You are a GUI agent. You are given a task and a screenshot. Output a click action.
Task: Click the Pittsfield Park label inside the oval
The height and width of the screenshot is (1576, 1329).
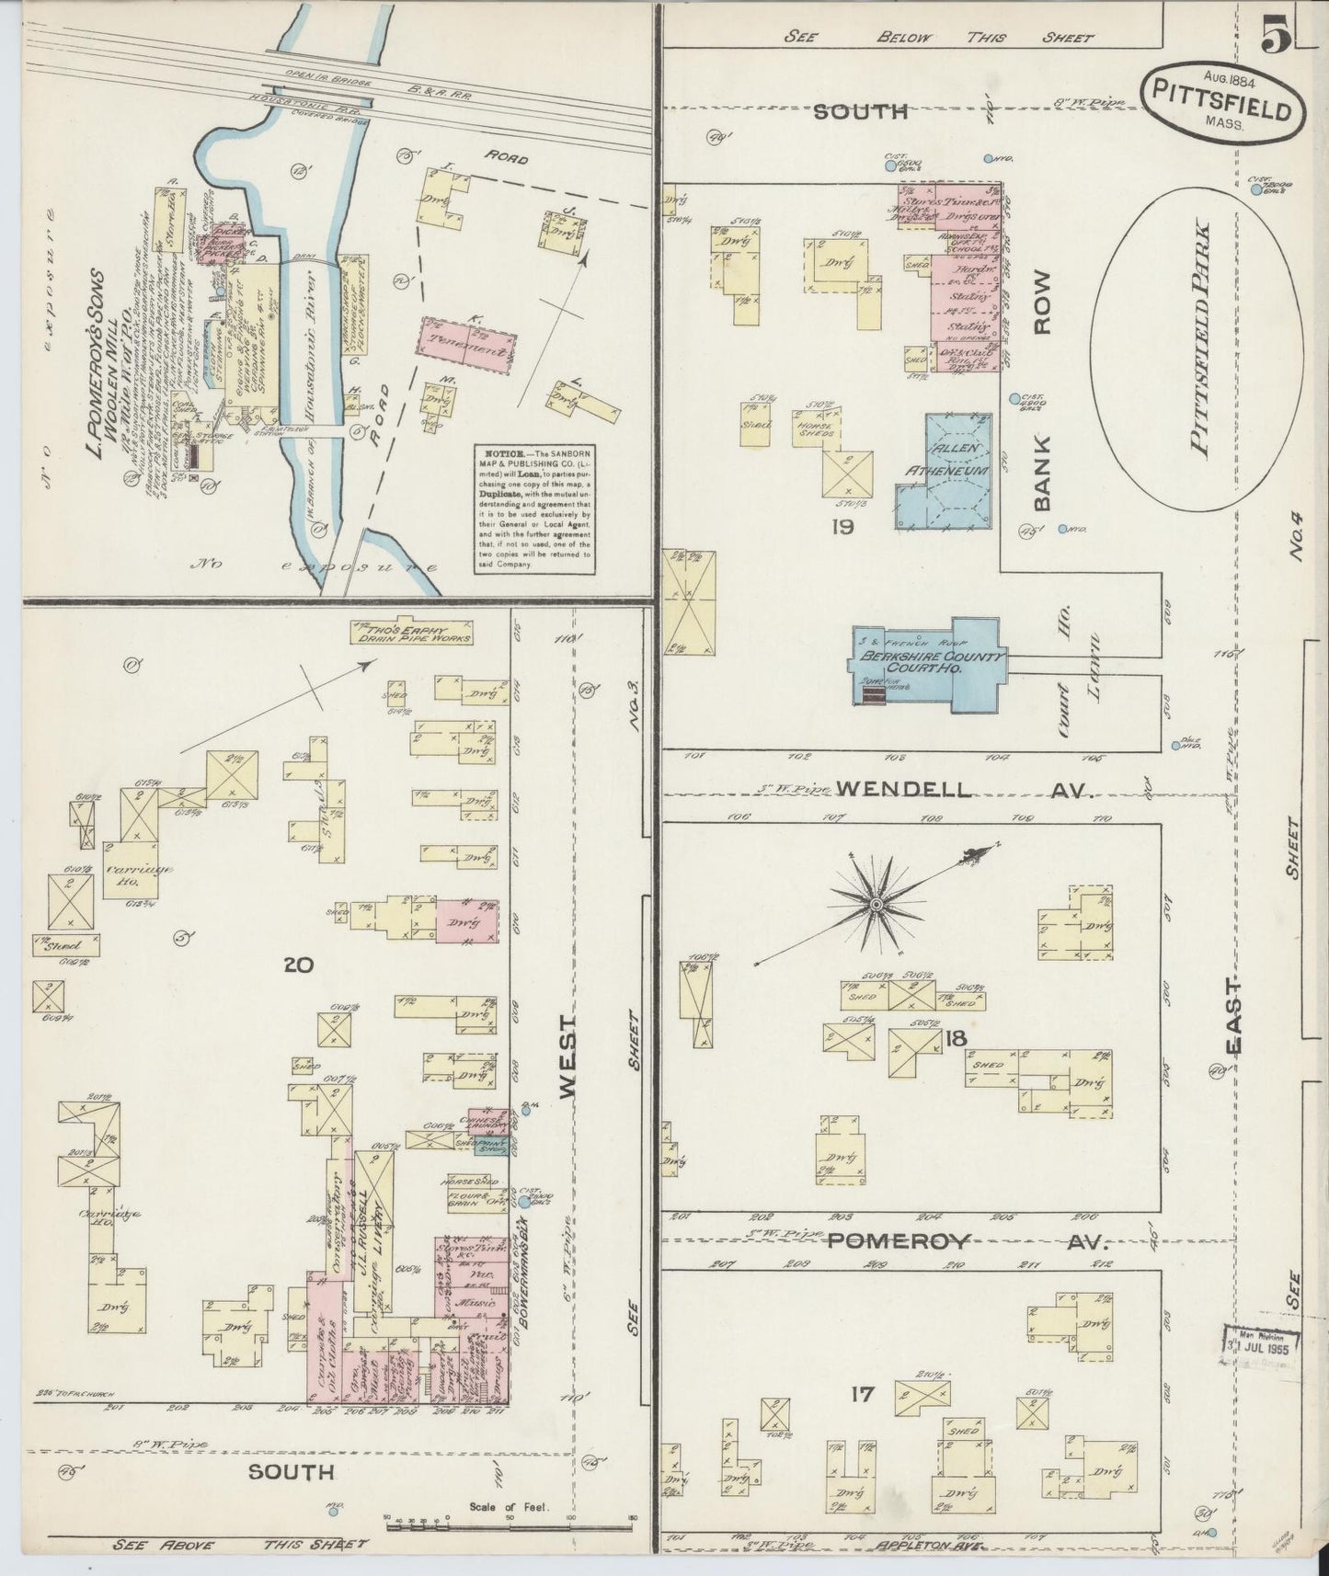click(1199, 336)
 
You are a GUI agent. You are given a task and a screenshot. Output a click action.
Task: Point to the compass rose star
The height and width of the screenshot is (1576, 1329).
click(876, 906)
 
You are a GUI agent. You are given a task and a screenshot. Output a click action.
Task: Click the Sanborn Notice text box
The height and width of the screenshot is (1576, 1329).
click(534, 508)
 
